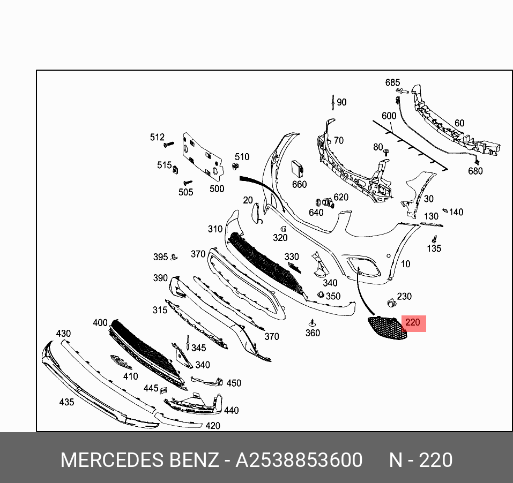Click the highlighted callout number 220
pos(413,323)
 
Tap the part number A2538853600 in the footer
pos(299,460)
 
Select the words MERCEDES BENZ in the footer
pos(139,460)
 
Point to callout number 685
pos(392,82)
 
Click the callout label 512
pos(157,138)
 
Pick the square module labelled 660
pos(298,169)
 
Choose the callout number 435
pos(66,402)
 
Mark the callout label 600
pos(389,116)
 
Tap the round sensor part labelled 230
pos(390,303)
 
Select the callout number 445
pos(151,388)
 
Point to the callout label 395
pos(160,257)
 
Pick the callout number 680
pos(475,171)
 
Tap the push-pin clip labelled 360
pos(312,323)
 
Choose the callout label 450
pos(234,383)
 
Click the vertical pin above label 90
pos(333,102)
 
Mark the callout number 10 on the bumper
pos(406,263)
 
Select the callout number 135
pos(434,248)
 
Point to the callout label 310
pos(215,229)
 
